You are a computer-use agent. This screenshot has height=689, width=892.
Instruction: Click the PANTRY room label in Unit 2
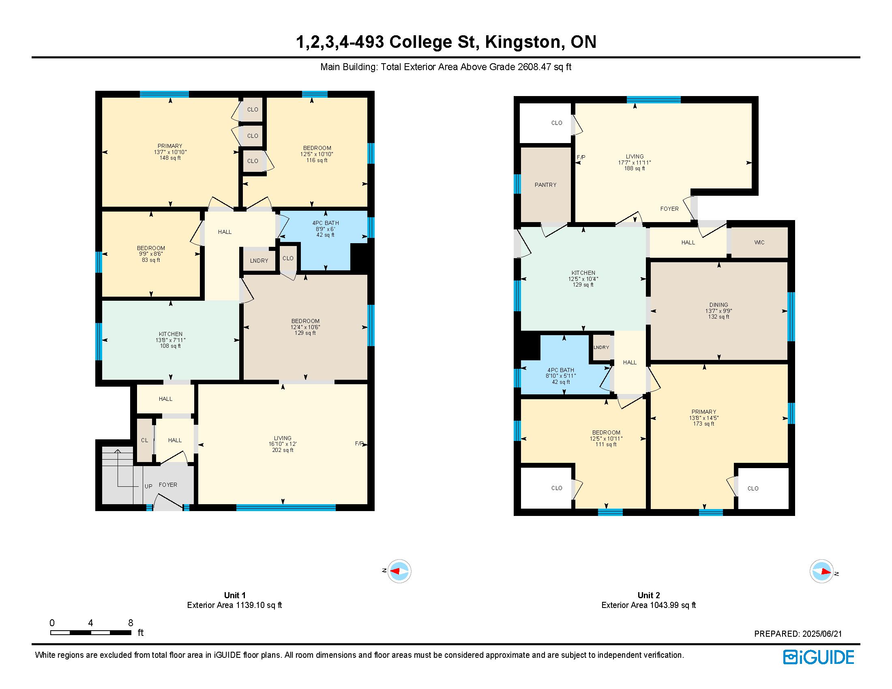click(545, 185)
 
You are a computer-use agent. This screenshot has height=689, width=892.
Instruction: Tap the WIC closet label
click(759, 242)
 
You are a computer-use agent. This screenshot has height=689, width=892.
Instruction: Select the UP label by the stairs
click(148, 486)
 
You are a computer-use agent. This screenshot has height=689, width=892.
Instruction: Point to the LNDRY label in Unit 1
click(259, 261)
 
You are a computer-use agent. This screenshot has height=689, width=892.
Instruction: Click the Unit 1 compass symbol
click(399, 571)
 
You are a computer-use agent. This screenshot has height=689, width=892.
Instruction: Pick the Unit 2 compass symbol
click(821, 571)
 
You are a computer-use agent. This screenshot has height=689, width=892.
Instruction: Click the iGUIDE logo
click(819, 657)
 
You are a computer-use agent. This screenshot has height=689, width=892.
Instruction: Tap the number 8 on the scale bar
click(131, 623)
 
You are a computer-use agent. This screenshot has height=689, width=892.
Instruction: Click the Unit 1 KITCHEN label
click(171, 334)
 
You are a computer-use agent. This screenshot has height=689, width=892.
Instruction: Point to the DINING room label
click(719, 305)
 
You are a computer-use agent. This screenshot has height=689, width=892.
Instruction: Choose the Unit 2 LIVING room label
click(635, 156)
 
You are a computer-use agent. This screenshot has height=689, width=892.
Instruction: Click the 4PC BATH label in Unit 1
click(326, 223)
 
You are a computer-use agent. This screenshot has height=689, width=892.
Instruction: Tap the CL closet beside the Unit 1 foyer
click(145, 440)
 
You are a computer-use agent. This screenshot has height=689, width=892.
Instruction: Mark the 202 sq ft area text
click(283, 450)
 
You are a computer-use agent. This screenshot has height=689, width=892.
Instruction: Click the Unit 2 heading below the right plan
click(649, 595)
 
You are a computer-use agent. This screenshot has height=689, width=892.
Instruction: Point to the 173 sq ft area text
click(704, 424)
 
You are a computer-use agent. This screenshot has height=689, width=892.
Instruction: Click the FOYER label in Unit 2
click(669, 209)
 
